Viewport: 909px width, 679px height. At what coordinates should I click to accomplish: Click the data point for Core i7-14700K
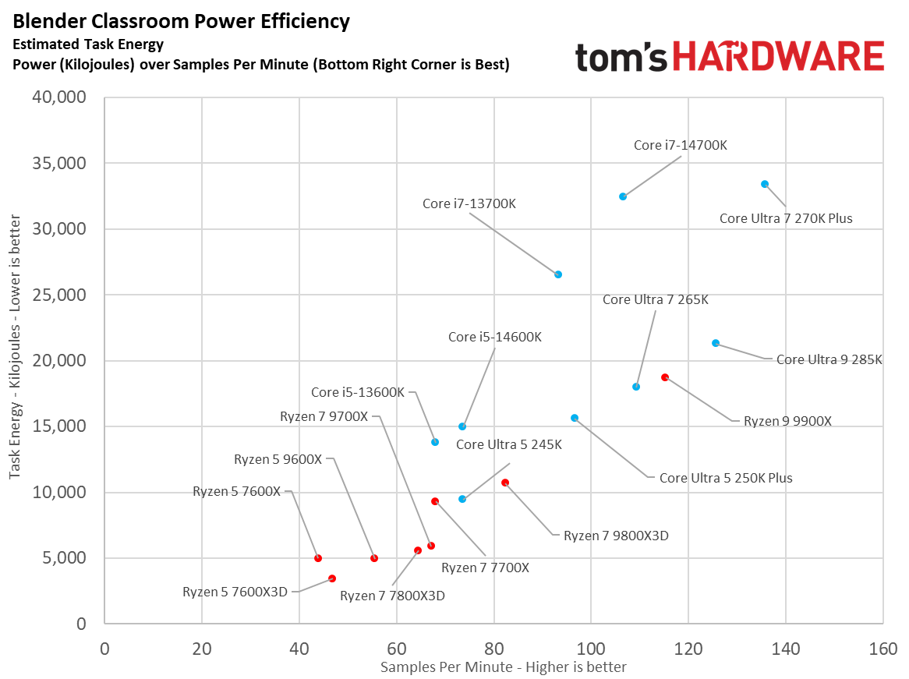tap(623, 196)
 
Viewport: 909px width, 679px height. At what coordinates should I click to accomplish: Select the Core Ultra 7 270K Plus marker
tap(765, 184)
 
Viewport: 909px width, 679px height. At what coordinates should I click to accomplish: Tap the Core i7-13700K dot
tap(558, 274)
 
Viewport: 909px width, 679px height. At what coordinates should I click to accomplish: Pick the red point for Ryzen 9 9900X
tap(665, 377)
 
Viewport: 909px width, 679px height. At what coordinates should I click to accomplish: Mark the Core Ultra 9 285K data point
tap(716, 343)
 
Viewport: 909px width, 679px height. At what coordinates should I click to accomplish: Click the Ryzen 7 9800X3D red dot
tap(505, 483)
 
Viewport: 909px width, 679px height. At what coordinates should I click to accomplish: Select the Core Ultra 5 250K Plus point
tap(575, 418)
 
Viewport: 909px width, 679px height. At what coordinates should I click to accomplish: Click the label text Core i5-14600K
tap(494, 338)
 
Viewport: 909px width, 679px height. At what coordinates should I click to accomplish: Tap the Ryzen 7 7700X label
tap(485, 568)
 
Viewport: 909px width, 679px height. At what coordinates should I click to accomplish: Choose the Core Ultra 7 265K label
tap(656, 299)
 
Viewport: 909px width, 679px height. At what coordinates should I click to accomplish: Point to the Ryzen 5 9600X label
tap(278, 460)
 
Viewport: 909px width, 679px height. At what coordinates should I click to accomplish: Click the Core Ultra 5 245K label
tap(508, 444)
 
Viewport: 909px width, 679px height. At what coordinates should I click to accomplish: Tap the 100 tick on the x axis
tap(591, 649)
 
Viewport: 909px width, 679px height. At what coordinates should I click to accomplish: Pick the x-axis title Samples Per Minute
tap(503, 667)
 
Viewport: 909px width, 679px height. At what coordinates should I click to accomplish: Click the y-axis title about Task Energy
tap(15, 360)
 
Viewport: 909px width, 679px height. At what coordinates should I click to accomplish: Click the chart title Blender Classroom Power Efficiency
tap(182, 21)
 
